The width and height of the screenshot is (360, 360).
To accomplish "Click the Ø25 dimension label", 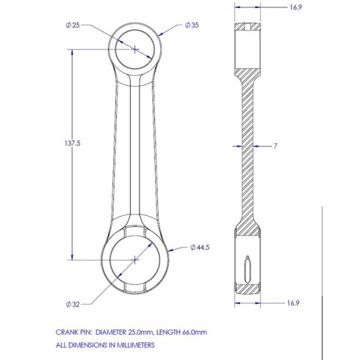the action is [x=73, y=25].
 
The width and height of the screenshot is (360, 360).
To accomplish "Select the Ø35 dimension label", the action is [x=192, y=25].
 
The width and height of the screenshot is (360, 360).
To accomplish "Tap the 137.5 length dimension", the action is [x=73, y=143].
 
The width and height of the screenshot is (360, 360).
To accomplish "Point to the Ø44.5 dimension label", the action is [x=200, y=248].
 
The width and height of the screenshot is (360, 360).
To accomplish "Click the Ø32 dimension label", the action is [x=73, y=304].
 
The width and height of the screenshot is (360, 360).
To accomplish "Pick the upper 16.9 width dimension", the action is [x=295, y=7].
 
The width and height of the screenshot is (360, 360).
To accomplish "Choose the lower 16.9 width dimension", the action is [x=293, y=303].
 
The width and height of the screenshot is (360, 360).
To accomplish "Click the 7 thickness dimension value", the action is [x=276, y=146].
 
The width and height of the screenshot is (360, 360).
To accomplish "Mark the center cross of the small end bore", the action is [x=134, y=49].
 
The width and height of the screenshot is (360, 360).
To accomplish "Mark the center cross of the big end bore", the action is [x=135, y=260].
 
